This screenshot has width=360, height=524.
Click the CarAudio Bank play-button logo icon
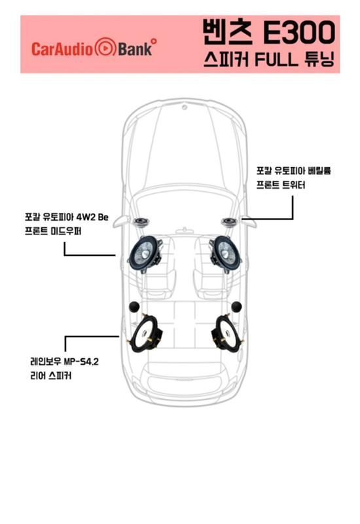point(105,48)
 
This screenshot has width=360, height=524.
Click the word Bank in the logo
point(135,48)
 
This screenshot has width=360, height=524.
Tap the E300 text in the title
point(299,32)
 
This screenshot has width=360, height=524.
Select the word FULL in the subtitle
point(276,60)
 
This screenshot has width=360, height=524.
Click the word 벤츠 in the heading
point(227,32)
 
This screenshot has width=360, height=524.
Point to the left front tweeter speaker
point(141,222)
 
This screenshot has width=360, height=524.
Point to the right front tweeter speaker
point(229,222)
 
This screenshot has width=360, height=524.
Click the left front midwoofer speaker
point(145,253)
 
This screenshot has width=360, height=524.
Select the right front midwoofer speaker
point(225,253)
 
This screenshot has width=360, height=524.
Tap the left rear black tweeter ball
point(134,307)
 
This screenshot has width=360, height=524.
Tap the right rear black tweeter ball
point(236,307)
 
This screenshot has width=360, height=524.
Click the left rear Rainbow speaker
point(145,333)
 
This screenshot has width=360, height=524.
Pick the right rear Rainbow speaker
point(228,333)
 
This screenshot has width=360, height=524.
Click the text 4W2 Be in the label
point(92,217)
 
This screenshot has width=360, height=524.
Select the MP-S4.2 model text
point(81,362)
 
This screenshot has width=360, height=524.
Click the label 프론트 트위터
point(281,185)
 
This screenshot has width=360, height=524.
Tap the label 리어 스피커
point(51,376)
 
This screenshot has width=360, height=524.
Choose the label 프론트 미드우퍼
point(53,231)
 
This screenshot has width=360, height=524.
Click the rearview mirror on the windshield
point(185,231)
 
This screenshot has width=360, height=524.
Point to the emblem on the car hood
point(185,107)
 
